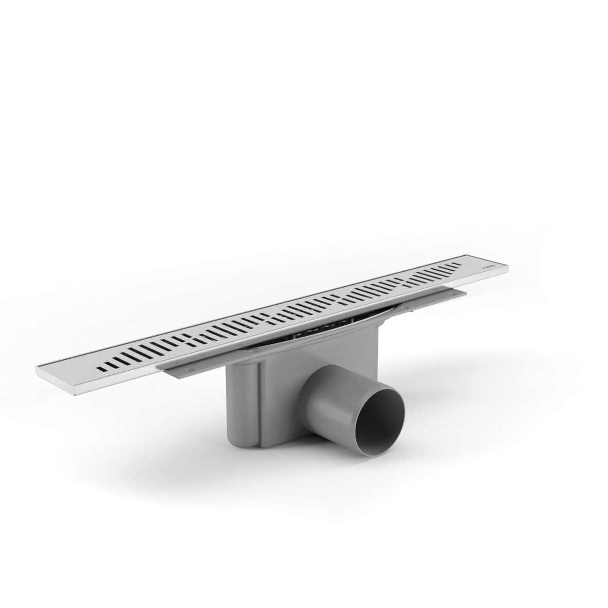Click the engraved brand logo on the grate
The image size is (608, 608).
point(488,266)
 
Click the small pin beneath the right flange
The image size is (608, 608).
point(412,311)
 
